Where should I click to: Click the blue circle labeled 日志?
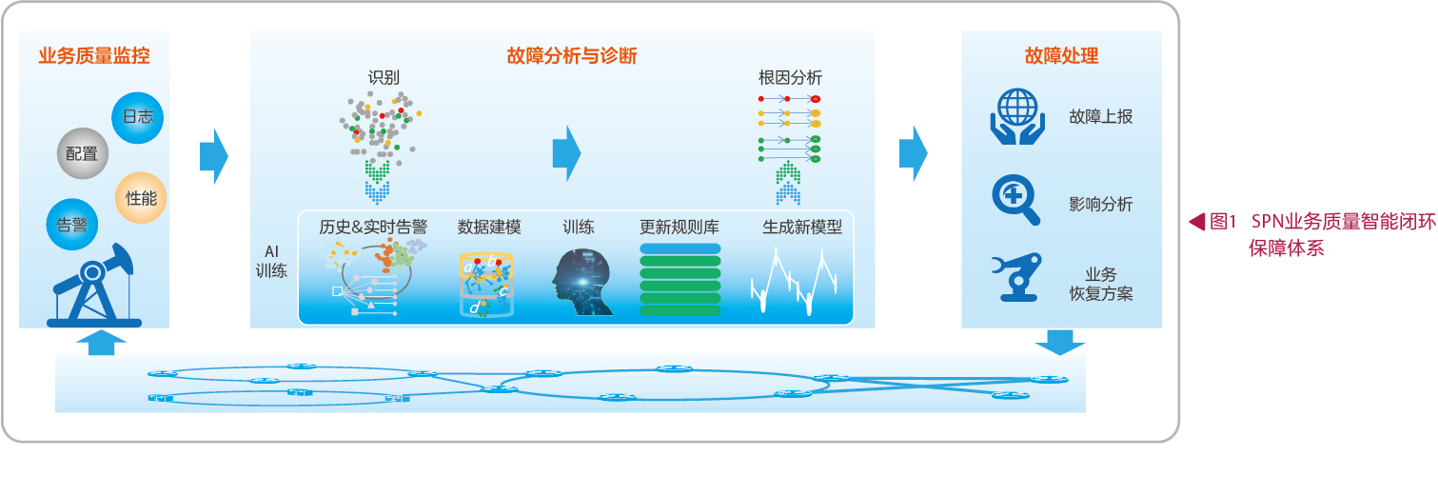[x=137, y=118]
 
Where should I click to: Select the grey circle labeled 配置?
[x=82, y=153]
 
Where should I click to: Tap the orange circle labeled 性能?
[x=141, y=198]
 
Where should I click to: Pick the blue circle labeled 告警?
[x=72, y=225]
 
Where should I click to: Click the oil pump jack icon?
[x=94, y=287]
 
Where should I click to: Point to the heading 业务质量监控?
[x=94, y=56]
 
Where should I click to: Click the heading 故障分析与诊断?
[x=571, y=56]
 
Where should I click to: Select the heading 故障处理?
[x=1061, y=56]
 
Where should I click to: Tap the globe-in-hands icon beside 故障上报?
[x=1016, y=116]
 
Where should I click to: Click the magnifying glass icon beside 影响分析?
[x=1016, y=200]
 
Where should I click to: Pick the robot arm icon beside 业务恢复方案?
[x=1016, y=277]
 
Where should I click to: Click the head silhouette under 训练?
[x=581, y=282]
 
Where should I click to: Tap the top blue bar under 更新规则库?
[x=680, y=248]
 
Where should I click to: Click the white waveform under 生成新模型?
[x=794, y=281]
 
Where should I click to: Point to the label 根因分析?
[x=790, y=78]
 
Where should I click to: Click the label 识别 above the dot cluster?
[x=384, y=78]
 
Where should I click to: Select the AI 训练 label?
[x=271, y=261]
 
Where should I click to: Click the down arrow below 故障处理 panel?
[x=1060, y=343]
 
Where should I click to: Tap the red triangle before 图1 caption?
[x=1196, y=222]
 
